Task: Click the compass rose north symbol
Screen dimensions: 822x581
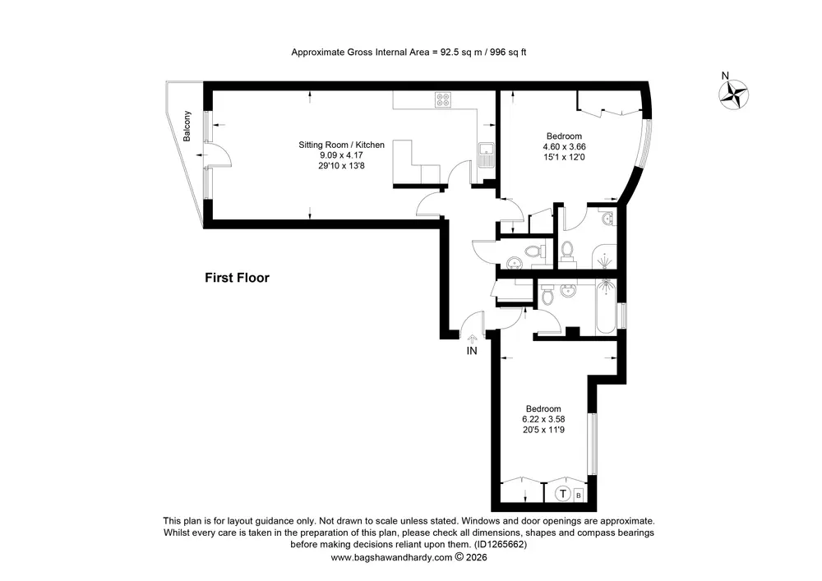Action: click(733, 95)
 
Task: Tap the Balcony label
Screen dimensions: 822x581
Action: click(187, 127)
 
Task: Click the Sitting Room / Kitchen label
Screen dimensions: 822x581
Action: click(341, 145)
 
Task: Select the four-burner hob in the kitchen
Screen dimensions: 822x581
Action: click(443, 99)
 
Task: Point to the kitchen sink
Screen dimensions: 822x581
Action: click(487, 154)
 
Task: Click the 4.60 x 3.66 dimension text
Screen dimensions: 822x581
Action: click(564, 147)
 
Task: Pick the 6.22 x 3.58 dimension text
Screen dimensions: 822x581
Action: click(543, 419)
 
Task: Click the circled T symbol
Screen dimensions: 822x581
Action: click(562, 494)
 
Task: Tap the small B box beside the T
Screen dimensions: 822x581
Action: click(579, 495)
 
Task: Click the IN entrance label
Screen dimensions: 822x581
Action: click(472, 351)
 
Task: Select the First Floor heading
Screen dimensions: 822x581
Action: click(237, 278)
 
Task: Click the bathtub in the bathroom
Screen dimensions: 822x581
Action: click(606, 306)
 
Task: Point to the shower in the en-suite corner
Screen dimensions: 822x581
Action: click(604, 257)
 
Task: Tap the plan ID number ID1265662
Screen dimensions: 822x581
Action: click(501, 544)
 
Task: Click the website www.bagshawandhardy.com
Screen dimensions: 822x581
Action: click(391, 557)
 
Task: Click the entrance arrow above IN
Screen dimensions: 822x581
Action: click(472, 339)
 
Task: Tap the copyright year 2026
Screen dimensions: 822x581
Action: click(477, 557)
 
